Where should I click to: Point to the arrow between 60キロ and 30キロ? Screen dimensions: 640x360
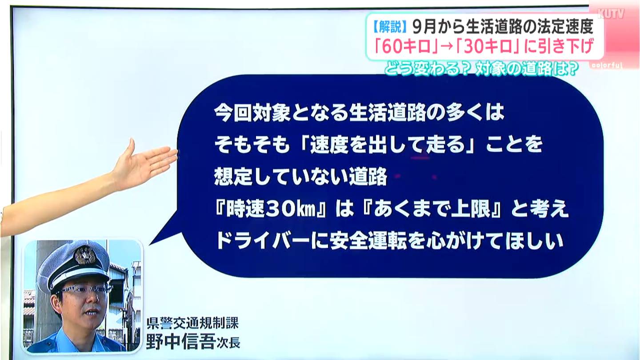pyautogui.click(x=447, y=47)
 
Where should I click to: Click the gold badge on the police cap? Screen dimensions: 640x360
pyautogui.click(x=85, y=255)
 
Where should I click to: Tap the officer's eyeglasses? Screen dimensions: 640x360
pyautogui.click(x=86, y=289)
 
